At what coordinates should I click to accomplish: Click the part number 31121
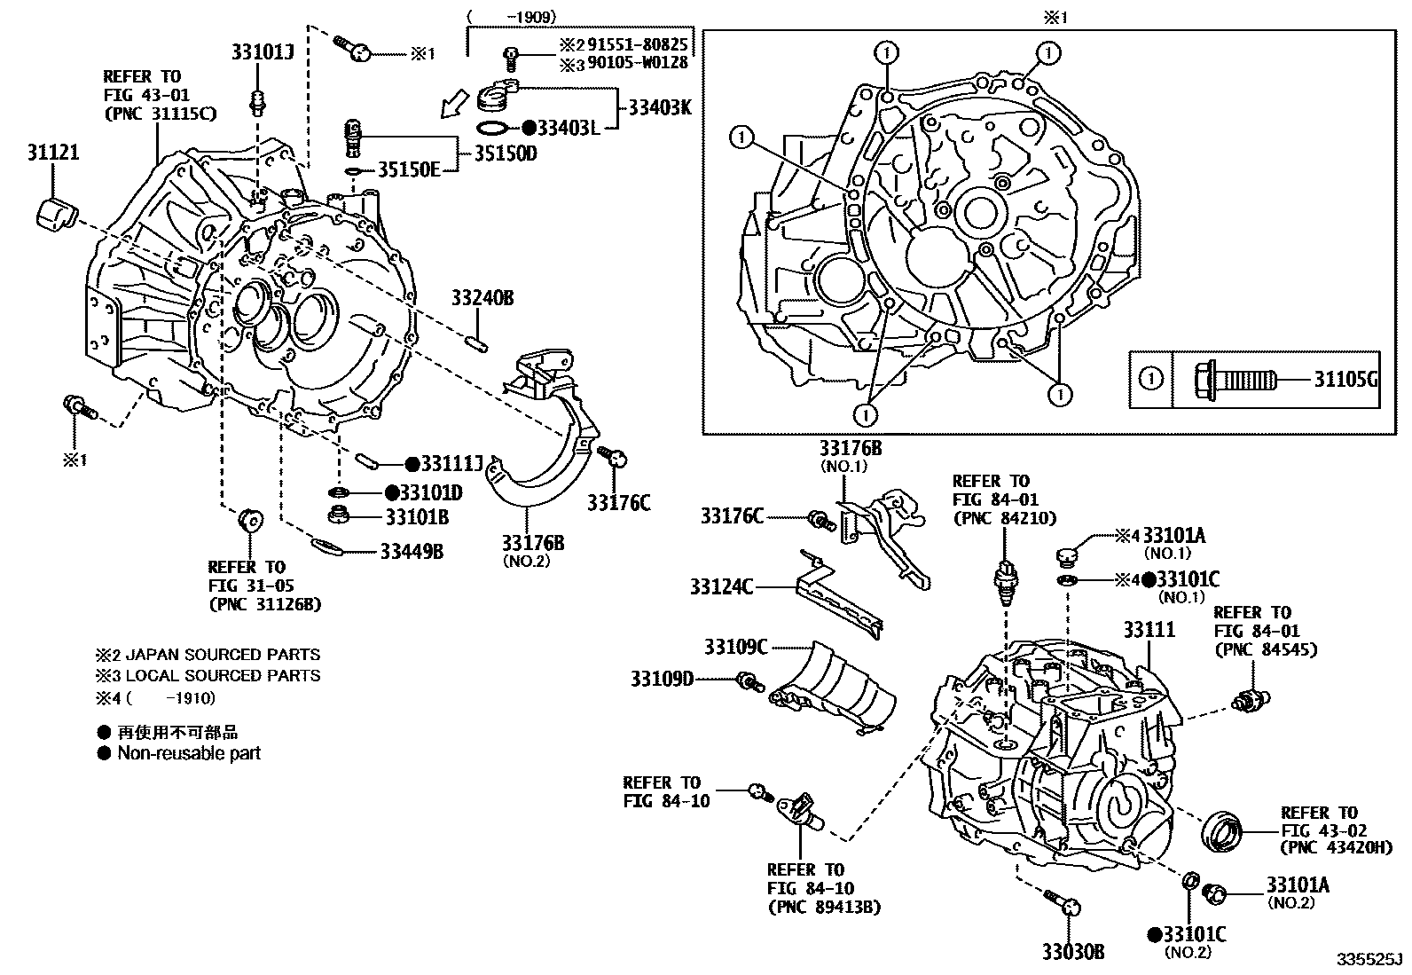(x=51, y=153)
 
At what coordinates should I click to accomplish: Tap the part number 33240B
(x=482, y=297)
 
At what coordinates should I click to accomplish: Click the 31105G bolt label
(x=1345, y=380)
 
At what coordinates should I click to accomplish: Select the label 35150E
(x=409, y=169)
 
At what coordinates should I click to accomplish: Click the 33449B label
(x=412, y=552)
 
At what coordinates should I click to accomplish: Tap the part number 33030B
(x=1073, y=952)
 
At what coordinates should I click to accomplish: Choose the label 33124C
(x=721, y=586)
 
